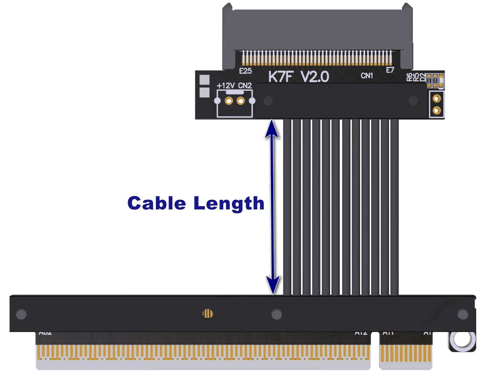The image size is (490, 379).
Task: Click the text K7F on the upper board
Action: (281, 77)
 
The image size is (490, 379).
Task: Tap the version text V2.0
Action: (315, 77)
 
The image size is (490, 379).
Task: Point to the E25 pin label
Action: (246, 71)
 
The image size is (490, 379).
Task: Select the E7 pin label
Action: (390, 70)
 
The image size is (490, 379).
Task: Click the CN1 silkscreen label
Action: (367, 76)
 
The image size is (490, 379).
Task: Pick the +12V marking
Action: (226, 86)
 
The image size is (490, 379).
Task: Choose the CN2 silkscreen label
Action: (245, 86)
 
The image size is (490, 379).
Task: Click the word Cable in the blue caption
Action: (157, 203)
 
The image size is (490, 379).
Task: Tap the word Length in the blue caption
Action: (229, 204)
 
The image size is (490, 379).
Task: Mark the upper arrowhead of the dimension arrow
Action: (272, 128)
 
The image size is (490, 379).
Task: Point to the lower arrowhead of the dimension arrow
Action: (273, 285)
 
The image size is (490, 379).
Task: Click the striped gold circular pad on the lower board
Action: (208, 314)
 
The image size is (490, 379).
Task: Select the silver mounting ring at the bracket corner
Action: (463, 340)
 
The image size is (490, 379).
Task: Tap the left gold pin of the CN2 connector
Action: (229, 101)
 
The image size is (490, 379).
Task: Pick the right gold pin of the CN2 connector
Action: (241, 101)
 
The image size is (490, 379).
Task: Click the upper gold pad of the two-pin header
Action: (436, 99)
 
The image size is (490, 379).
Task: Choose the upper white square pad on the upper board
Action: (204, 80)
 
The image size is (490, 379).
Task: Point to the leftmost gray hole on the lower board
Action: (21, 315)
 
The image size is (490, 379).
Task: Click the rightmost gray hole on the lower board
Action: (463, 315)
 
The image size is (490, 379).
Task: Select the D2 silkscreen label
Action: (423, 77)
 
